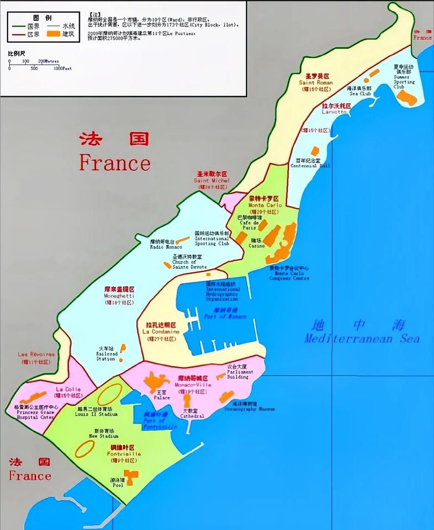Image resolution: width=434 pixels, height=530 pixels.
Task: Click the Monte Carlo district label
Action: point(263,206)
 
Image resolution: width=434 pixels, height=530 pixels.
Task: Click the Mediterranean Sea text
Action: point(362,339)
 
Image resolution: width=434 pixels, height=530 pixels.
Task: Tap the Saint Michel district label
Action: point(212,181)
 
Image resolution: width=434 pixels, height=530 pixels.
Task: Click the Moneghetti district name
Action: point(119,296)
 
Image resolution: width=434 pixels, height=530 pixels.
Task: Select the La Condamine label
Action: point(161,331)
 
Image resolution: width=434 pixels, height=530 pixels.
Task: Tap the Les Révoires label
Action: point(36,355)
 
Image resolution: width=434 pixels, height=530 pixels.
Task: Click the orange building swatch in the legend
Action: point(53,34)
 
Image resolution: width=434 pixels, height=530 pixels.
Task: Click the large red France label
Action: point(114,162)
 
